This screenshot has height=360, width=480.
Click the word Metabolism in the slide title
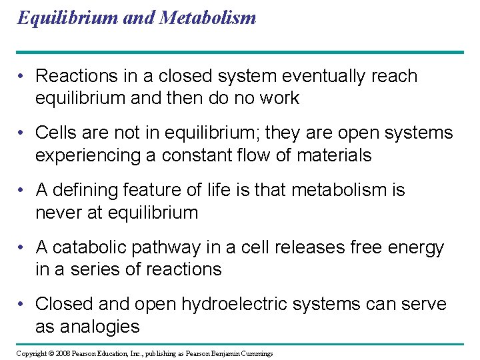pos(207,17)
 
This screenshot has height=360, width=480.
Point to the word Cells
pos(57,133)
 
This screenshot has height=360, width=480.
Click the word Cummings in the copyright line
pos(257,353)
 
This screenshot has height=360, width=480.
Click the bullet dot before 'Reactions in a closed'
pos(23,77)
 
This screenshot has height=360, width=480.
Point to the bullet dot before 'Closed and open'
pos(23,305)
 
